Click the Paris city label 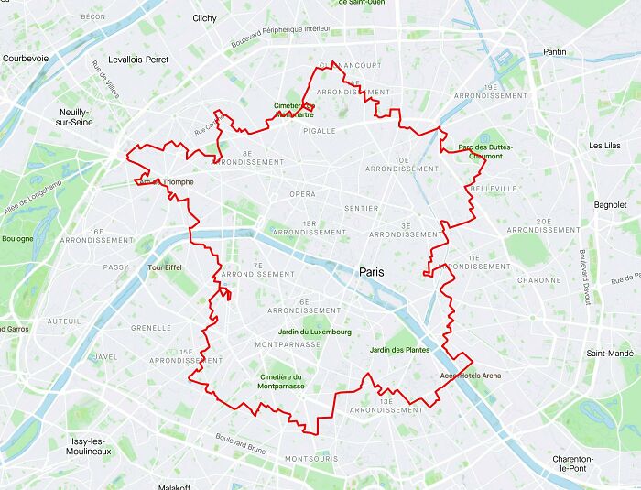pos(372,272)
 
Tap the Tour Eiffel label pos(166,267)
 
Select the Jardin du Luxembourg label pos(314,332)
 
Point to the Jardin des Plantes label pos(399,350)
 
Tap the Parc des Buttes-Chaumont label pos(484,151)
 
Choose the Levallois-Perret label pos(138,60)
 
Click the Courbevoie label pos(25,58)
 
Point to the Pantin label pos(555,52)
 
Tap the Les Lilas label pos(605,146)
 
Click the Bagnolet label pos(610,205)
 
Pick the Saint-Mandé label pos(610,353)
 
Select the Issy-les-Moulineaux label pos(90,446)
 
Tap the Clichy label pos(204,17)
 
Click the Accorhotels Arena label pos(470,376)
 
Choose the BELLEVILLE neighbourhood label pos(493,189)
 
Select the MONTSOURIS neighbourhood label pos(311,457)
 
